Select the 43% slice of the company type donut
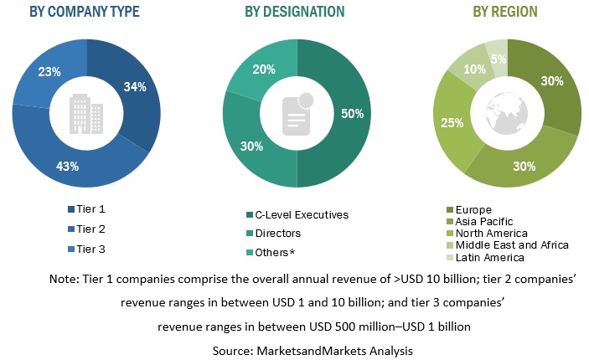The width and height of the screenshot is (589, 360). (68, 166)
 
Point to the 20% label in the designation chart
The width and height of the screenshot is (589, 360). (262, 69)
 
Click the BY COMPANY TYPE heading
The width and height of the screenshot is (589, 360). (85, 12)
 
